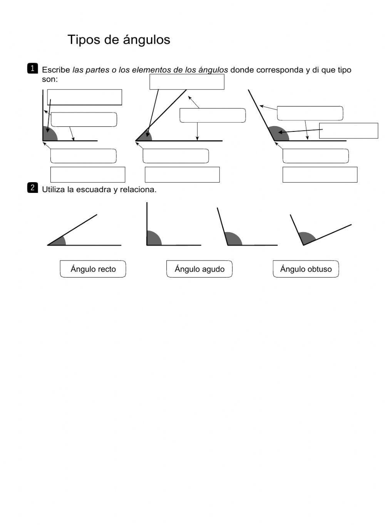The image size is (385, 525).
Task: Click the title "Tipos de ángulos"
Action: point(119,40)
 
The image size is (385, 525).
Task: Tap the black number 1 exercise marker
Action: point(32,68)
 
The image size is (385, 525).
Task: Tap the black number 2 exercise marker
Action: point(32,188)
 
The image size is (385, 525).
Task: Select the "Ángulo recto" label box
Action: point(93,269)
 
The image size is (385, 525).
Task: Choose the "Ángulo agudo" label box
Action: point(199,269)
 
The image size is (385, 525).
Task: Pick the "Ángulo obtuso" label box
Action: point(306,269)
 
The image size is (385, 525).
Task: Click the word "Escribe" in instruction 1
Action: point(56,70)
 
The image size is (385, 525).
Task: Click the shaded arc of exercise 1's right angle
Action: point(49,135)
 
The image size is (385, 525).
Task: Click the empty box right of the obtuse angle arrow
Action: point(348,131)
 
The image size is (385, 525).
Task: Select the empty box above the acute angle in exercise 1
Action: point(187,82)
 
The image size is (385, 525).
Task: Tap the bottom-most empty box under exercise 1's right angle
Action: point(88,174)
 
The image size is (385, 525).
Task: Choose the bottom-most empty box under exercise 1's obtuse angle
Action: point(320,174)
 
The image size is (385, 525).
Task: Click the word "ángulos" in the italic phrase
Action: point(213,70)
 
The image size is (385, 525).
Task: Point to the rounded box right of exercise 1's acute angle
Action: point(213,115)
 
